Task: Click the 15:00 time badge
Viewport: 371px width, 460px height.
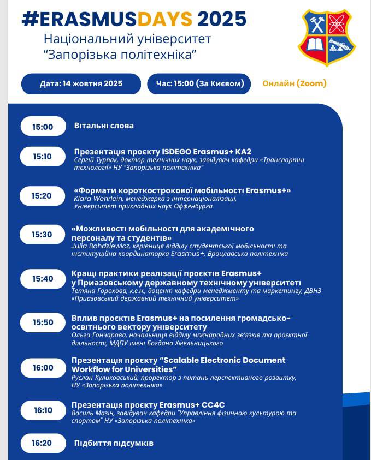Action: click(43, 127)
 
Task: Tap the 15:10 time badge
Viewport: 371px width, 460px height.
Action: click(43, 156)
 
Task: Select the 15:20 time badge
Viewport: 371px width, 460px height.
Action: click(42, 195)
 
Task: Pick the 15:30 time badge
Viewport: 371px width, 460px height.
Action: click(42, 234)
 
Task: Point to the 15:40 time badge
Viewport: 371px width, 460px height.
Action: click(43, 278)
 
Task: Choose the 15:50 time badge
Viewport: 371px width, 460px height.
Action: click(43, 322)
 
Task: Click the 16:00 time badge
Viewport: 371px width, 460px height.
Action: click(43, 368)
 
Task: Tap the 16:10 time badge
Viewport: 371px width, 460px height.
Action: click(43, 410)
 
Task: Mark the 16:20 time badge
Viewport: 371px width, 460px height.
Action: click(43, 443)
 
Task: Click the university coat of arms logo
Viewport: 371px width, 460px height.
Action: click(327, 37)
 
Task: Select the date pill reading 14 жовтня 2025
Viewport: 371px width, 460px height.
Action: click(81, 83)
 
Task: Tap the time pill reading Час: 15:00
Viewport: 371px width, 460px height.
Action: click(199, 83)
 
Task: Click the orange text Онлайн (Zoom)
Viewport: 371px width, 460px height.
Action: click(295, 83)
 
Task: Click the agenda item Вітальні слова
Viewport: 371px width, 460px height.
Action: click(104, 126)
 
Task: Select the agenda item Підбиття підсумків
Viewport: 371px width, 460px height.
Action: click(114, 443)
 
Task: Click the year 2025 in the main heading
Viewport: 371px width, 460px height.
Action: click(222, 19)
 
